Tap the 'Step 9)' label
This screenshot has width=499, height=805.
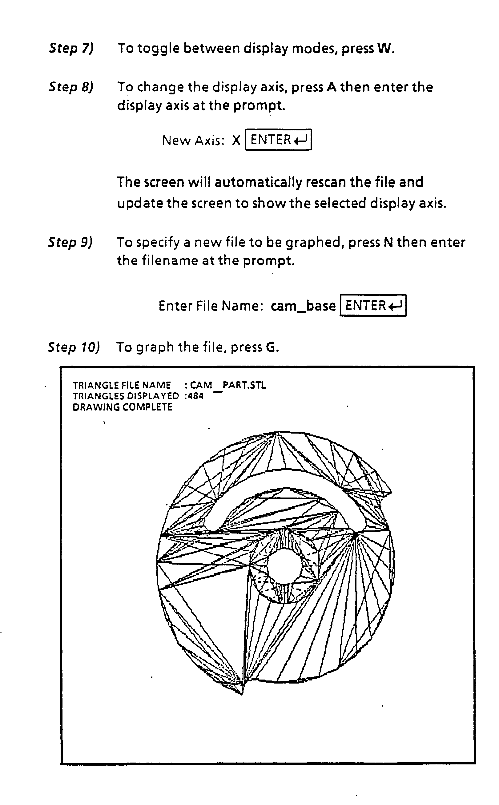coord(70,242)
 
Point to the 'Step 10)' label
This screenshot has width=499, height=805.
coord(74,347)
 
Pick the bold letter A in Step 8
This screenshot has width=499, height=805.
coord(331,87)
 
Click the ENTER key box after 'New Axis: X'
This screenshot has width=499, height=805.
coord(278,140)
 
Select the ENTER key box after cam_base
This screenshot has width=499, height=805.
coord(373,305)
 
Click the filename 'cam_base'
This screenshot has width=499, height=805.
coord(303,306)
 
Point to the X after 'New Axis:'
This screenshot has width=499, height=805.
coord(236,141)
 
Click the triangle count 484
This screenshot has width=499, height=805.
coord(195,396)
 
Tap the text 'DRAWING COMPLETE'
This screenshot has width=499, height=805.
coord(123,407)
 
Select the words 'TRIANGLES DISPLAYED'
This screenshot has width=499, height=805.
coord(126,396)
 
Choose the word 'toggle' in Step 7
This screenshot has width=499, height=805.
coord(159,49)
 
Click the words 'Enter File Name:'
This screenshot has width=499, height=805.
coord(211,306)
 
